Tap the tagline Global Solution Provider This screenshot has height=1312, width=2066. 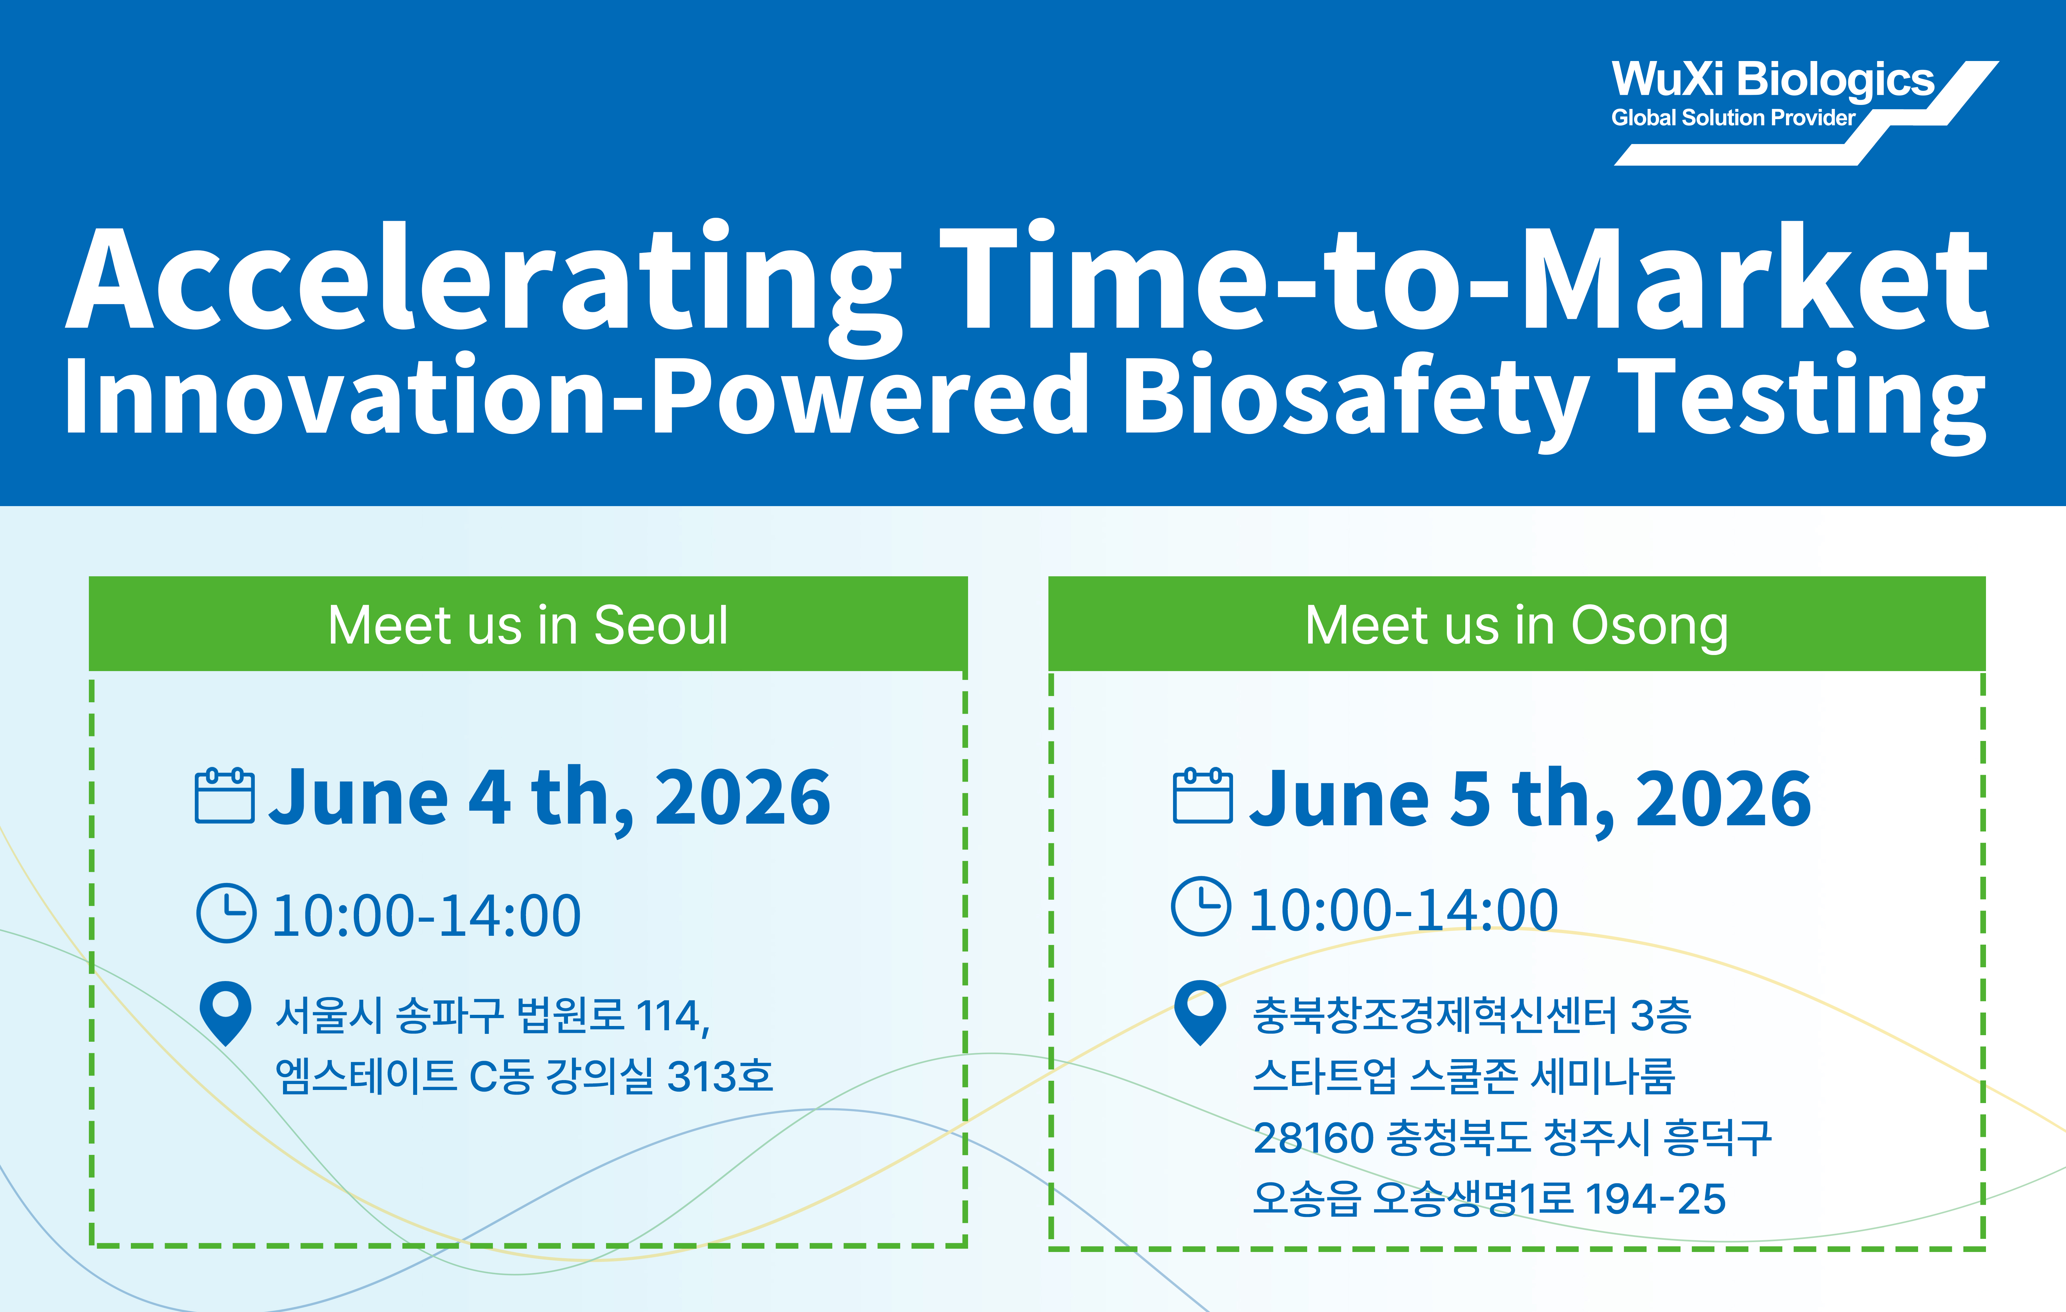(1733, 117)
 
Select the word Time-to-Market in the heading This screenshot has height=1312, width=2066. (1463, 276)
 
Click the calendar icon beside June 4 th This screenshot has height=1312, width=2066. (225, 796)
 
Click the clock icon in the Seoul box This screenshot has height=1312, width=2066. (227, 913)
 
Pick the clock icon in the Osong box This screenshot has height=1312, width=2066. (1201, 906)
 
